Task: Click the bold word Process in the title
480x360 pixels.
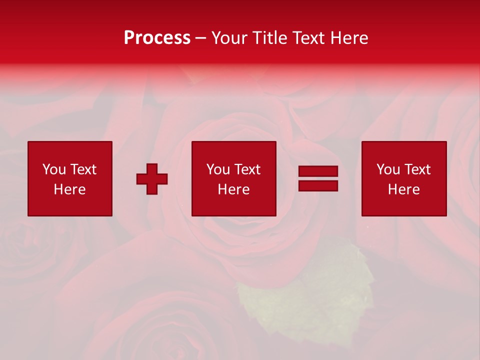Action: pyautogui.click(x=157, y=38)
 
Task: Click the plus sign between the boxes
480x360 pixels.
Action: pyautogui.click(x=152, y=179)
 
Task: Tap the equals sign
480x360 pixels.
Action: pyautogui.click(x=318, y=178)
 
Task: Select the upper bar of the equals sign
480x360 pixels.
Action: pyautogui.click(x=318, y=171)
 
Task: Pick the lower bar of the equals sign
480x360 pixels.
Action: pyautogui.click(x=318, y=185)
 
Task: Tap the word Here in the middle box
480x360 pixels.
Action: pyautogui.click(x=234, y=189)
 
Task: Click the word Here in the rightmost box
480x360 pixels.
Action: pyautogui.click(x=404, y=189)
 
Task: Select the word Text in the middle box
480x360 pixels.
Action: pyautogui.click(x=247, y=169)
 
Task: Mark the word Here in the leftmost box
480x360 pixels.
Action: pyautogui.click(x=70, y=189)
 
